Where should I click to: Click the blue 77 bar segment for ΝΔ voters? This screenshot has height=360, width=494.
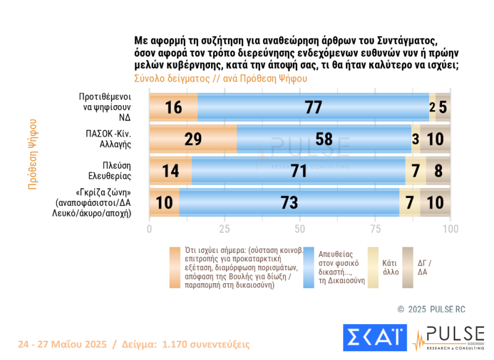(x=313, y=106)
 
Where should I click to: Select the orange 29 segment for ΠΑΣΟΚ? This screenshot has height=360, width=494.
(x=193, y=139)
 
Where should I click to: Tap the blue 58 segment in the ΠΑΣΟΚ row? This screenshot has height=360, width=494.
(x=324, y=139)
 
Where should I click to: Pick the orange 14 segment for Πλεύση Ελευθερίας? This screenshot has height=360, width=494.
(x=170, y=171)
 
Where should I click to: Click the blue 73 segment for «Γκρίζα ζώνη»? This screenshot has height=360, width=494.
(x=289, y=202)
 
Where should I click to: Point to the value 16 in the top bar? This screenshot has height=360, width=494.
(x=173, y=107)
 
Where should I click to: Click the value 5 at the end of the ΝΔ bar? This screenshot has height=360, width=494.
(x=443, y=107)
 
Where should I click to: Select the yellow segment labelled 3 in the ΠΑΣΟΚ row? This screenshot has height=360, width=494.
(x=416, y=139)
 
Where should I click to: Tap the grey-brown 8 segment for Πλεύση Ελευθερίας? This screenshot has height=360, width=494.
(x=438, y=171)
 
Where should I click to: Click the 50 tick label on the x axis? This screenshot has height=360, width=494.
(x=300, y=229)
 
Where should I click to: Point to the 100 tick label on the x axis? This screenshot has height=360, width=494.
(x=450, y=229)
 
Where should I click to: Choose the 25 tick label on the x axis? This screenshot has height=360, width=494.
(x=224, y=229)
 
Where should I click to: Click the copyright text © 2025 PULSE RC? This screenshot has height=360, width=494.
(x=432, y=308)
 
